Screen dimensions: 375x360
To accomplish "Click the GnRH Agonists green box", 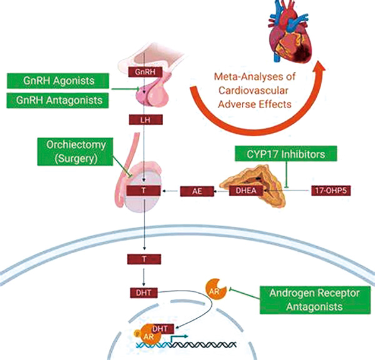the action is point(58,81).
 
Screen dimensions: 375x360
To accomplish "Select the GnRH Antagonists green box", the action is point(57,100).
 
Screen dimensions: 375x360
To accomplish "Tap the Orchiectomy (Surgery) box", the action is point(75,152).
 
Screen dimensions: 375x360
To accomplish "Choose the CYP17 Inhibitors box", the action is point(286,154).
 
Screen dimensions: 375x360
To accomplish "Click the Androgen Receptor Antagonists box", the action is point(315,300).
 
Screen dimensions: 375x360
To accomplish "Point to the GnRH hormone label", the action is point(145,72).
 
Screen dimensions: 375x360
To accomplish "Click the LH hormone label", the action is point(146,119).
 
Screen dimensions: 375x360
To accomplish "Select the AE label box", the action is point(197,191).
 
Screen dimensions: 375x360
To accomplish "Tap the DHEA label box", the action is point(246,191).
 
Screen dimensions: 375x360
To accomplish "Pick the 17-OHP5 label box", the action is point(331,191).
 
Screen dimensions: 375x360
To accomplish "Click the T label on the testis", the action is point(144,191).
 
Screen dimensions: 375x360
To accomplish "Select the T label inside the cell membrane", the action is point(144,259).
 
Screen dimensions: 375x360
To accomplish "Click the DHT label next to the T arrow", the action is point(144,292).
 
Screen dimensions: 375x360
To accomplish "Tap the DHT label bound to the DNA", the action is point(160,329).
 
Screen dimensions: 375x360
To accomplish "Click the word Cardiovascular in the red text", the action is point(253,91).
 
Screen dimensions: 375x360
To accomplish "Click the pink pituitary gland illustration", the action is point(152,92).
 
